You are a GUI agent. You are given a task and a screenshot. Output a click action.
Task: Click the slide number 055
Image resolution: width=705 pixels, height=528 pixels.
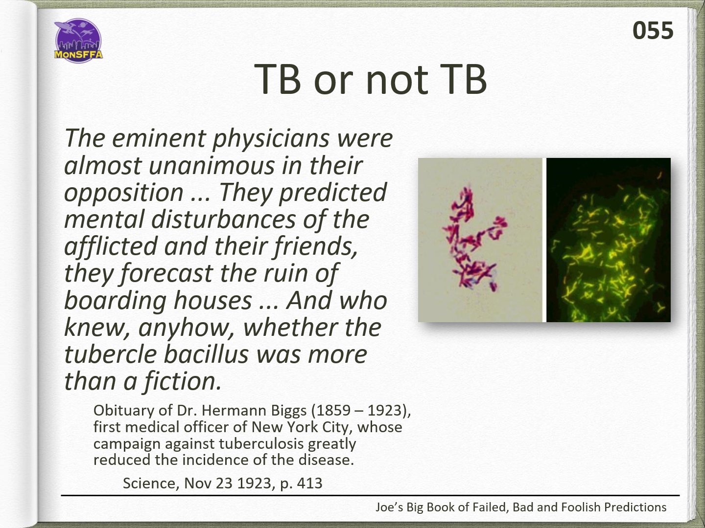(653, 30)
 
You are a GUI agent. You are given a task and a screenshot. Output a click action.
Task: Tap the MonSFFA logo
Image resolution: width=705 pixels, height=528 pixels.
(78, 41)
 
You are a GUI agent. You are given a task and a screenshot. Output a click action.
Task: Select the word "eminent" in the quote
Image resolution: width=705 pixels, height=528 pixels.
(159, 138)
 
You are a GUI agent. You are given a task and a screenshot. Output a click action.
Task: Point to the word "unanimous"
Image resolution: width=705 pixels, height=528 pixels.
(212, 165)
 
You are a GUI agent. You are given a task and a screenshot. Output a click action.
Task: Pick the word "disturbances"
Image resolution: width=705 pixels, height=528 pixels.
(223, 220)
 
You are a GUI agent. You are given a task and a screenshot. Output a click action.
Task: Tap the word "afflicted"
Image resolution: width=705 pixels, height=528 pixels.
(111, 246)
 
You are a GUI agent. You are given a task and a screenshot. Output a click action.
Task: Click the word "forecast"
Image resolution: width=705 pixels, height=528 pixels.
(166, 273)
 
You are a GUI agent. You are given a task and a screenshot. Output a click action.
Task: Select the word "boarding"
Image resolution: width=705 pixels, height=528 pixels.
(116, 301)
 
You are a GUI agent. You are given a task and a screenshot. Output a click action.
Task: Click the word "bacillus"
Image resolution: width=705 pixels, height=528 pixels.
(207, 354)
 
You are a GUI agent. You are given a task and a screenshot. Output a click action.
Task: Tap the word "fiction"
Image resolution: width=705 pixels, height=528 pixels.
(182, 381)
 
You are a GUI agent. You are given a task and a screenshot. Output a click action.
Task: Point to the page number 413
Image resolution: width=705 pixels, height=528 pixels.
(309, 484)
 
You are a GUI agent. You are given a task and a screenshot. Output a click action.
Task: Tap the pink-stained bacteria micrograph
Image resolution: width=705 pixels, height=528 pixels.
(480, 240)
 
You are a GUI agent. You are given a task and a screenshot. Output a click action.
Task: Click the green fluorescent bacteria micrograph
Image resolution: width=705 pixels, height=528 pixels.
(609, 240)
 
